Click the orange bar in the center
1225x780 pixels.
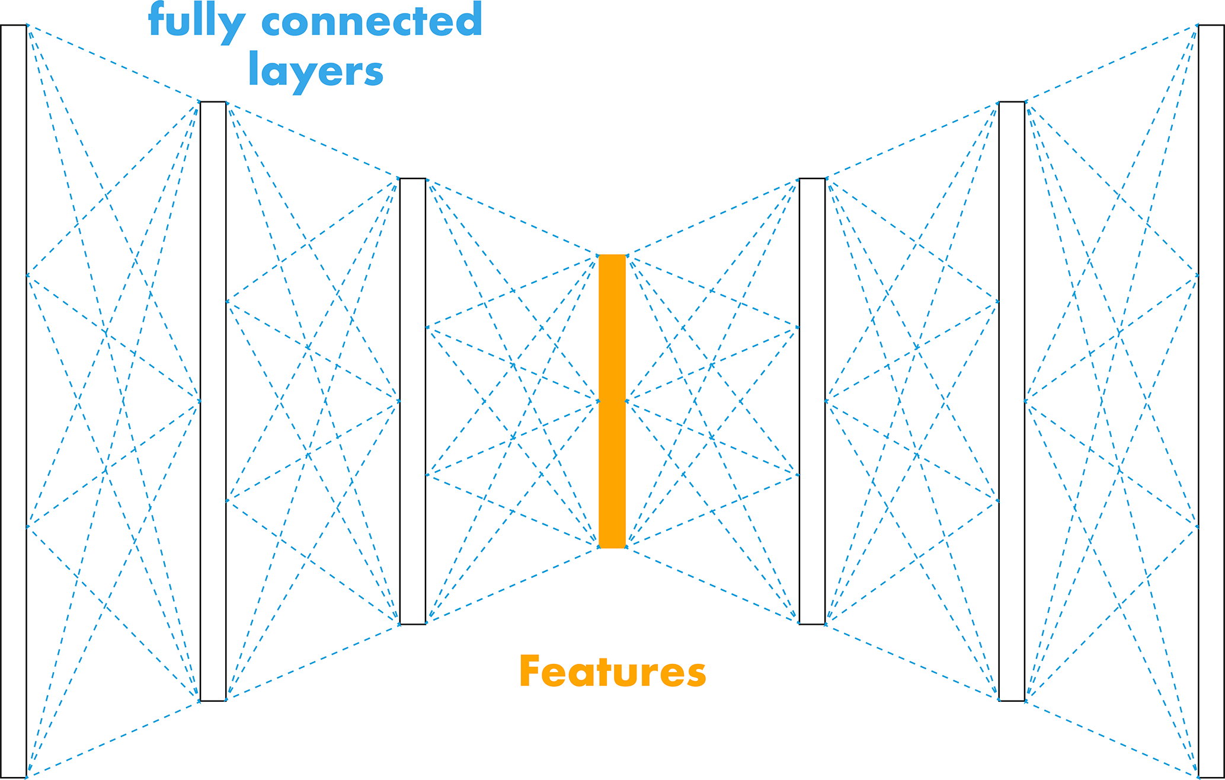point(612,401)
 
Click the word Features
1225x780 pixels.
point(612,672)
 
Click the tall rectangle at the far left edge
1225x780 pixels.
point(14,401)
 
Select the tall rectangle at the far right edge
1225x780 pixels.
point(1211,401)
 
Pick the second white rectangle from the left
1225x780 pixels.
point(213,401)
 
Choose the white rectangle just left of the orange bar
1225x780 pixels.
point(412,401)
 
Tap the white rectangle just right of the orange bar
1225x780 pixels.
point(812,401)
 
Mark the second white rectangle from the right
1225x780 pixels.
point(1012,401)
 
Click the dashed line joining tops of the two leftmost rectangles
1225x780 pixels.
point(113,63)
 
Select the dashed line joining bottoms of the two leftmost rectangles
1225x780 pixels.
point(113,739)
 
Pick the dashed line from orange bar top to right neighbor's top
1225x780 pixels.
point(712,217)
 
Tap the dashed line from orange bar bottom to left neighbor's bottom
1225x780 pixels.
point(513,584)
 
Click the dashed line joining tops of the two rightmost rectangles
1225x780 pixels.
point(1111,64)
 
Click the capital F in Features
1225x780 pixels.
point(529,672)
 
